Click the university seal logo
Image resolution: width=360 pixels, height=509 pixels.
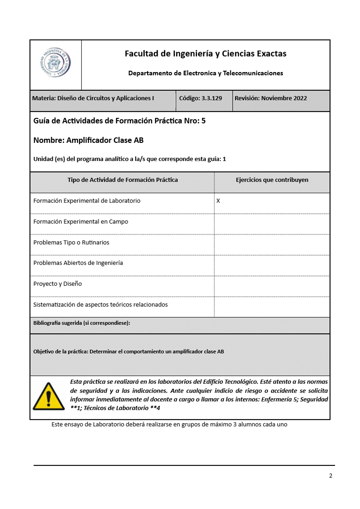(x=55, y=64)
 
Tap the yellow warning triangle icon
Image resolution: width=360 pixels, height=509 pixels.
(x=49, y=396)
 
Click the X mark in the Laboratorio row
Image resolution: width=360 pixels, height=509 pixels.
(x=218, y=201)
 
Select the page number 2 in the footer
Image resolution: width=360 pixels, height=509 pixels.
(x=330, y=476)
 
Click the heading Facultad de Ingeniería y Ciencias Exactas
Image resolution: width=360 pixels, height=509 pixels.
(x=205, y=54)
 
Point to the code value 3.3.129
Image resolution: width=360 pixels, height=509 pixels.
(x=212, y=98)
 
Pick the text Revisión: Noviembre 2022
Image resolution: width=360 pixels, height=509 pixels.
(x=271, y=98)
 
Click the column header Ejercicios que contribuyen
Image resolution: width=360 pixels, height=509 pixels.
(x=272, y=180)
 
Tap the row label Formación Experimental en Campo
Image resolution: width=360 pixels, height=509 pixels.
(x=81, y=222)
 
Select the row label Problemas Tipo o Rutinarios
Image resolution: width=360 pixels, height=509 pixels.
(x=71, y=242)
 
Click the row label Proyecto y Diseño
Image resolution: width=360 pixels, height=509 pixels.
(x=58, y=284)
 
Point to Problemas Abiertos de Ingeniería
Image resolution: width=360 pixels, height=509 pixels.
(x=78, y=263)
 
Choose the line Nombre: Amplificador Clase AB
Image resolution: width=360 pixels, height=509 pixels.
(x=89, y=141)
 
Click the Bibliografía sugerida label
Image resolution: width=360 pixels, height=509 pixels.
(x=82, y=323)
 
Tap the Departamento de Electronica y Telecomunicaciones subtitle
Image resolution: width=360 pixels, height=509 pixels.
(x=205, y=73)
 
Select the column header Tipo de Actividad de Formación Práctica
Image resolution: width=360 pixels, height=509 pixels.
(x=123, y=180)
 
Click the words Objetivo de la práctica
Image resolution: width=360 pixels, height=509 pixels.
(x=60, y=352)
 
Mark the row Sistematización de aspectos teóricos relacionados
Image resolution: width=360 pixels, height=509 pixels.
(x=100, y=304)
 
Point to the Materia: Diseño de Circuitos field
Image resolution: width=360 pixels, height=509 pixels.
(x=93, y=98)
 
